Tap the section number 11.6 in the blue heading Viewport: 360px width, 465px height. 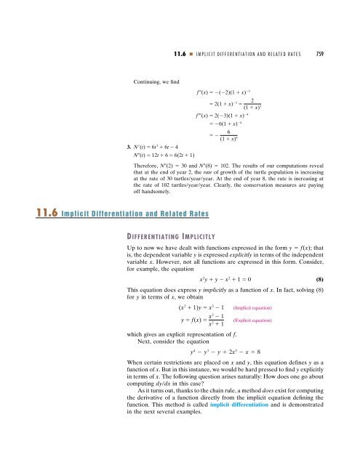tap(15, 213)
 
